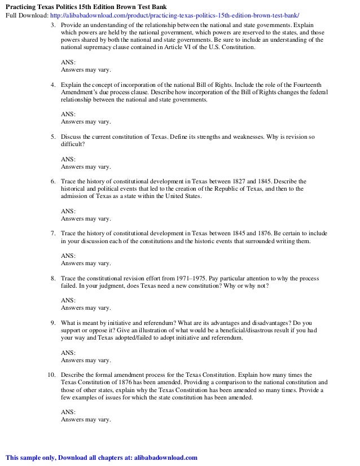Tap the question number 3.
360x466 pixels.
coord(52,26)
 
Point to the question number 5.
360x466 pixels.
coord(52,137)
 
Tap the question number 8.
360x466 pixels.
coord(52,279)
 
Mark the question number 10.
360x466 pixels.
coord(51,375)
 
